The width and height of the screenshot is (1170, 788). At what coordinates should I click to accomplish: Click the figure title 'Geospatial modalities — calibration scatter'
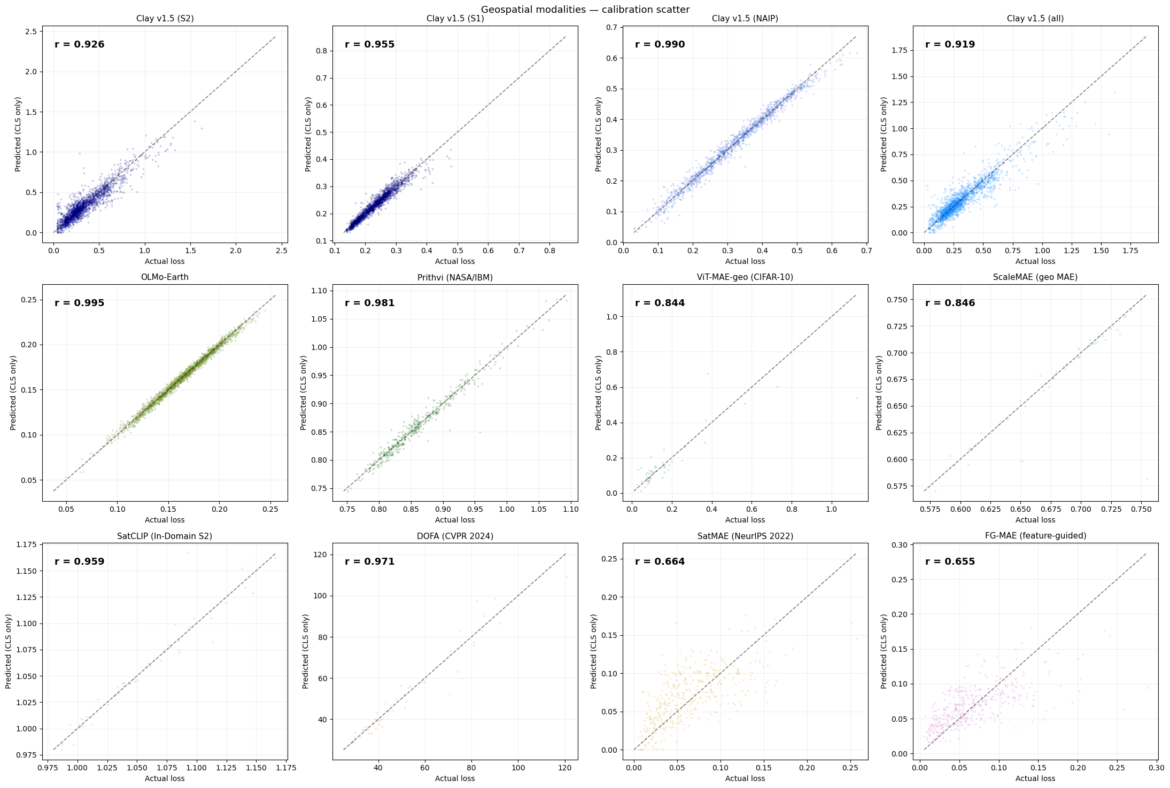[x=585, y=9]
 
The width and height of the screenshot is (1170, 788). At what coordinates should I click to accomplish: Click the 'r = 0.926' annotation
[x=79, y=44]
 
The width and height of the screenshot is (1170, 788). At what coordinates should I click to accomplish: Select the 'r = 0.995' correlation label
[x=79, y=303]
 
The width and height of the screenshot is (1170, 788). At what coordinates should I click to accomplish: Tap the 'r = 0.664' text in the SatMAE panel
[x=660, y=561]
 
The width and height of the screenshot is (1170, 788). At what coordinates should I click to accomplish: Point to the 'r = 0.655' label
[x=950, y=561]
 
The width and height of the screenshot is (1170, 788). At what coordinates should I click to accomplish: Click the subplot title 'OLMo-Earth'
[x=165, y=277]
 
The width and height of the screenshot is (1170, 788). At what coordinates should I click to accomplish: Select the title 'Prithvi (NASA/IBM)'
[x=455, y=277]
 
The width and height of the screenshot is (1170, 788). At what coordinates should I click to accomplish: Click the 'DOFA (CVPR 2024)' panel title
[x=455, y=536]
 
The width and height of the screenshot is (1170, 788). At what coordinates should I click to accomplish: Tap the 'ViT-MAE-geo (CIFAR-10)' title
[x=745, y=277]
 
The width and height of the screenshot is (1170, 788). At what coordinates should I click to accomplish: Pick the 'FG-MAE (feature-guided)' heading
[x=1035, y=536]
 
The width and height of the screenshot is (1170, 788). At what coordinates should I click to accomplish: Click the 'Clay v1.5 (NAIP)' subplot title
[x=745, y=19]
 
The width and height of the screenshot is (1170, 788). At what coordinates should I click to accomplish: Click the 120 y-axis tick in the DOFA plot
[x=320, y=555]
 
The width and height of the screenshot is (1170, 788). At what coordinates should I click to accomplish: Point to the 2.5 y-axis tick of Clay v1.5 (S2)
[x=31, y=32]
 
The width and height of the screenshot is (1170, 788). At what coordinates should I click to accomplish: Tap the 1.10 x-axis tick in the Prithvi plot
[x=571, y=509]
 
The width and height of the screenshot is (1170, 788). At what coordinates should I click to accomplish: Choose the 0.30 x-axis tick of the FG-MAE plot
[x=1157, y=768]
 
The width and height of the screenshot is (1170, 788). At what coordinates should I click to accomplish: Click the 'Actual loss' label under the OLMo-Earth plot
[x=165, y=520]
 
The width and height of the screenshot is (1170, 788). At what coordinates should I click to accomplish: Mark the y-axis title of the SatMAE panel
[x=594, y=651]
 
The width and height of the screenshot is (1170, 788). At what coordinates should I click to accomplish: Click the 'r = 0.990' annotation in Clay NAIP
[x=660, y=44]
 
